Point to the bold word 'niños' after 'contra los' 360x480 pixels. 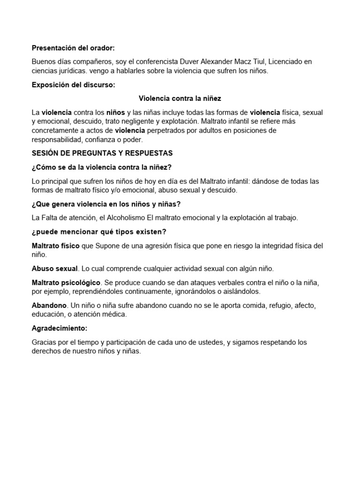click(116, 112)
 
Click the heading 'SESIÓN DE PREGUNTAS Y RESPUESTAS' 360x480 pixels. click(102, 153)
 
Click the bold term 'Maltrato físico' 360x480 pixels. click(55, 246)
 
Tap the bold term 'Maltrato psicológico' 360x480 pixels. click(66, 283)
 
